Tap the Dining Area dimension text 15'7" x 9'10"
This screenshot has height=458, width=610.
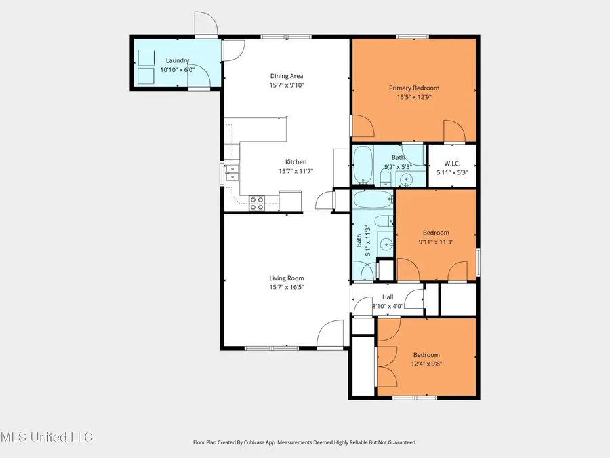pos(287,85)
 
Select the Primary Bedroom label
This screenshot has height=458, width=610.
pos(413,88)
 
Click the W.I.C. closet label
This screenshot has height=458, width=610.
pos(452,163)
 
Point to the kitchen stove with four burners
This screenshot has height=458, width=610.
pos(257,201)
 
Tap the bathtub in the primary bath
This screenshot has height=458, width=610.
pos(363,164)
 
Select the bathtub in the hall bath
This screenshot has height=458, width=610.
pos(373,200)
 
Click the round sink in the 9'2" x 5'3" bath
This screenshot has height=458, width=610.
pos(406,180)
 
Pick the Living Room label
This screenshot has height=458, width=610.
pos(287,278)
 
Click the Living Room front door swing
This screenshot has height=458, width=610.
pos(329,335)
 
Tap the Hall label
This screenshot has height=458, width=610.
pos(388,297)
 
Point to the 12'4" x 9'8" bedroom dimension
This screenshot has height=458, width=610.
pos(427,364)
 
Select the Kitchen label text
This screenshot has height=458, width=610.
pos(296,162)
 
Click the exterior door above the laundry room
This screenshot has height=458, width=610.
pos(205,25)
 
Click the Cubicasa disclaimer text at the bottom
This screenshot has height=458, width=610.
pos(304,442)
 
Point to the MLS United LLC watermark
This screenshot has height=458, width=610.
pos(47,436)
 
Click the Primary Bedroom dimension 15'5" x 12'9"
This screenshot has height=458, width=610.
pos(413,97)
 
